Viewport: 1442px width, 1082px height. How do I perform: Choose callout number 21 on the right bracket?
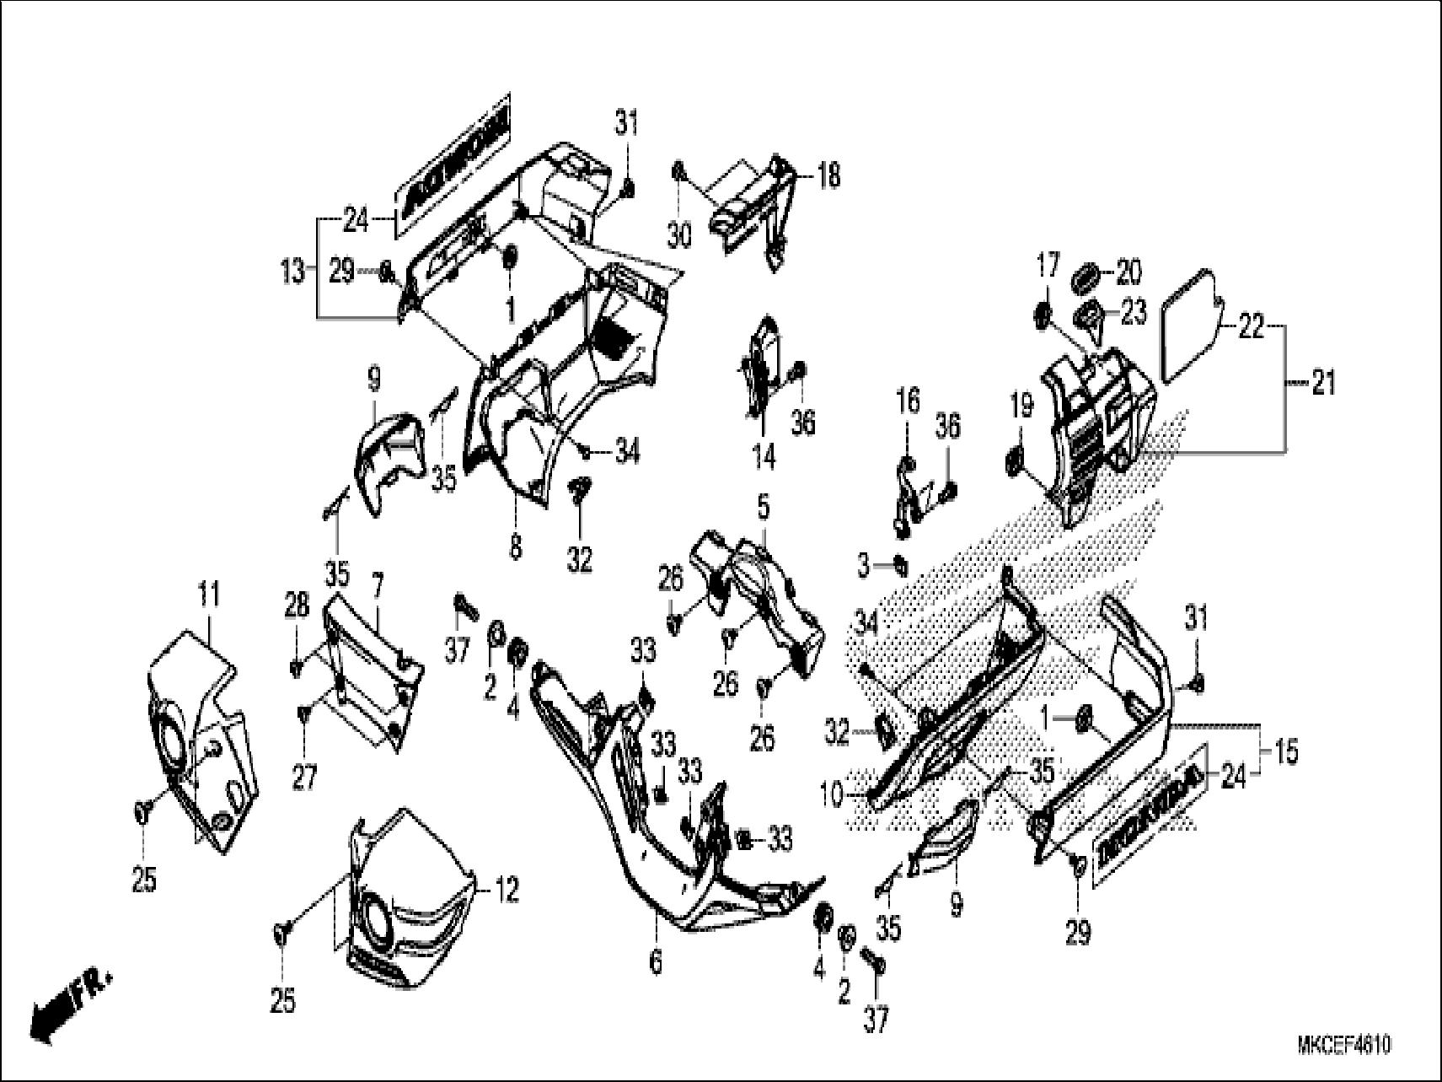click(1323, 384)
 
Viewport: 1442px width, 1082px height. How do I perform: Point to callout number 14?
click(764, 457)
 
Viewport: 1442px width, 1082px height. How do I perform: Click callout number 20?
click(1128, 272)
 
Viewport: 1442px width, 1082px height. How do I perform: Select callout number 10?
click(831, 795)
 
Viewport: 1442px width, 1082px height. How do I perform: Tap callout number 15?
click(1285, 751)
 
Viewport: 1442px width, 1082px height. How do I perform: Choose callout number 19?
click(1021, 408)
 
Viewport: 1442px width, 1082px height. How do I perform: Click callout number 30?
click(678, 235)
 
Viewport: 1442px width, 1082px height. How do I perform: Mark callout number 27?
click(303, 777)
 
